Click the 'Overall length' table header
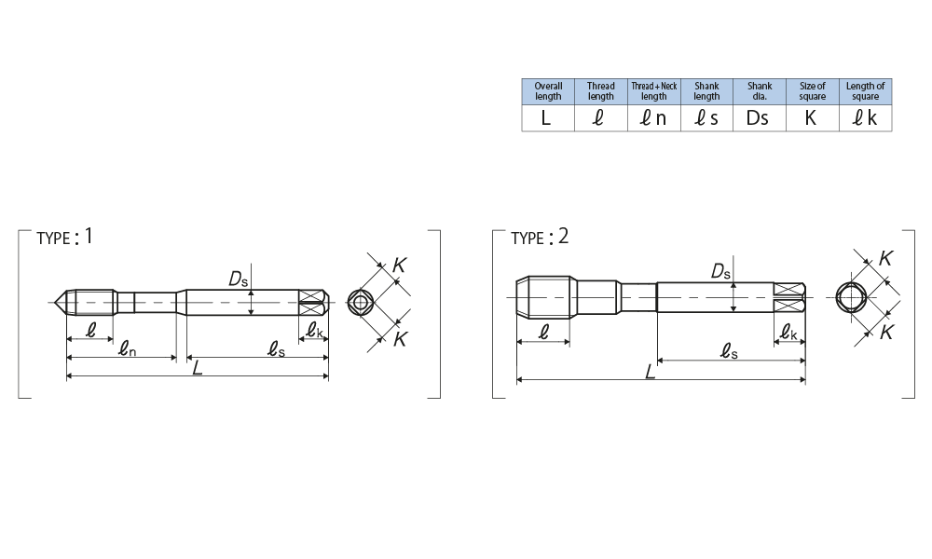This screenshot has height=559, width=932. (548, 91)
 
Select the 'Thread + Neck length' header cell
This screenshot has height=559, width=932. (654, 91)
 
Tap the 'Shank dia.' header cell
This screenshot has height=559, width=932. (760, 91)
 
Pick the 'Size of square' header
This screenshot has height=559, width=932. (813, 91)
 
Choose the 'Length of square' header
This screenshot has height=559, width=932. (866, 91)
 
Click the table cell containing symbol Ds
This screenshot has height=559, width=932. (760, 118)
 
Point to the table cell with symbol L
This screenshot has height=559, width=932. (548, 118)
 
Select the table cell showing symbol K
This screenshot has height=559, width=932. (813, 118)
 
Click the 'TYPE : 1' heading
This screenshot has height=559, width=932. (65, 237)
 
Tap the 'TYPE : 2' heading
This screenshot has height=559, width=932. (540, 237)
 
